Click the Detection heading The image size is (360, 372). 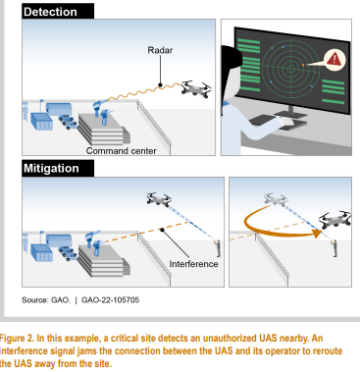pyautogui.click(x=50, y=12)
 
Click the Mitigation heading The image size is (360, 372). pyautogui.click(x=51, y=168)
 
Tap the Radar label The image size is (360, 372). pyautogui.click(x=160, y=50)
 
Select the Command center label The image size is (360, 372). pyautogui.click(x=121, y=151)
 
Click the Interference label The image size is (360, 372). pyautogui.click(x=193, y=264)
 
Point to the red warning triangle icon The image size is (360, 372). pyautogui.click(x=334, y=60)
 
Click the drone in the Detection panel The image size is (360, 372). pyautogui.click(x=196, y=88)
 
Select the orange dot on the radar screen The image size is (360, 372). pyautogui.click(x=303, y=65)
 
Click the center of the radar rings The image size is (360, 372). pyautogui.click(x=290, y=69)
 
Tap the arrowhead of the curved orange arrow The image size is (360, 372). pyautogui.click(x=317, y=234)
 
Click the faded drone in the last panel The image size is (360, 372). pyautogui.click(x=275, y=199)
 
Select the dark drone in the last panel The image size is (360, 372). pyautogui.click(x=334, y=220)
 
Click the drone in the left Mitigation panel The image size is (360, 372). pyautogui.click(x=159, y=199)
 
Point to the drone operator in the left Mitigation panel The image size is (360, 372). pyautogui.click(x=218, y=248)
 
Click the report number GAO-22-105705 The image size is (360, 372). pyautogui.click(x=110, y=300)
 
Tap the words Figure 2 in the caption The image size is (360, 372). pyautogui.click(x=17, y=338)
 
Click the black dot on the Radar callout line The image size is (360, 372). pyautogui.click(x=160, y=85)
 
